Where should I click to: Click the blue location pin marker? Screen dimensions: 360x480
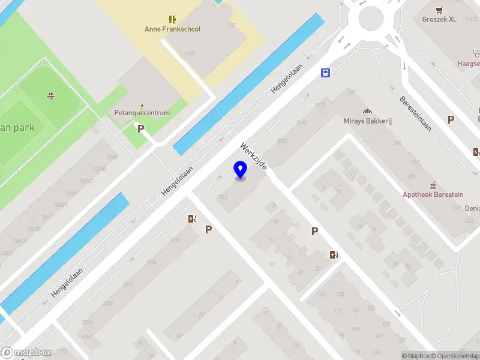click(241, 170)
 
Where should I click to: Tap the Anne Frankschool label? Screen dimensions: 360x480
click(172, 29)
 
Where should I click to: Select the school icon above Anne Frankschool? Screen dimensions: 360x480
click(172, 19)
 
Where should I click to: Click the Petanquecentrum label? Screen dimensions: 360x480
click(142, 113)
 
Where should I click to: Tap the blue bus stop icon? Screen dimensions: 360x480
click(325, 73)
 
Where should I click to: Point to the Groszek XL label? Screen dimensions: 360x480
click(439, 19)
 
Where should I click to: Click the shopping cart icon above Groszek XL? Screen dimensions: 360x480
click(440, 10)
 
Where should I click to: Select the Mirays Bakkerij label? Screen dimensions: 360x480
click(368, 121)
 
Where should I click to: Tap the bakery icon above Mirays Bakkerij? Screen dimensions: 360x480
click(367, 112)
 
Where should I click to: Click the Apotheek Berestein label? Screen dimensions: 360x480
click(433, 194)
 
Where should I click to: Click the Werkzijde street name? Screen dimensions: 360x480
click(254, 156)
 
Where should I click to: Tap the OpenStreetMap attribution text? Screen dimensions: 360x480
click(456, 356)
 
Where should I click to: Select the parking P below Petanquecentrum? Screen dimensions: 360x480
click(140, 128)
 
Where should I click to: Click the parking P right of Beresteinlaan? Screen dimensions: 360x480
click(451, 119)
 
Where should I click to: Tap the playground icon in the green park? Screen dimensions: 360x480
click(50, 95)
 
